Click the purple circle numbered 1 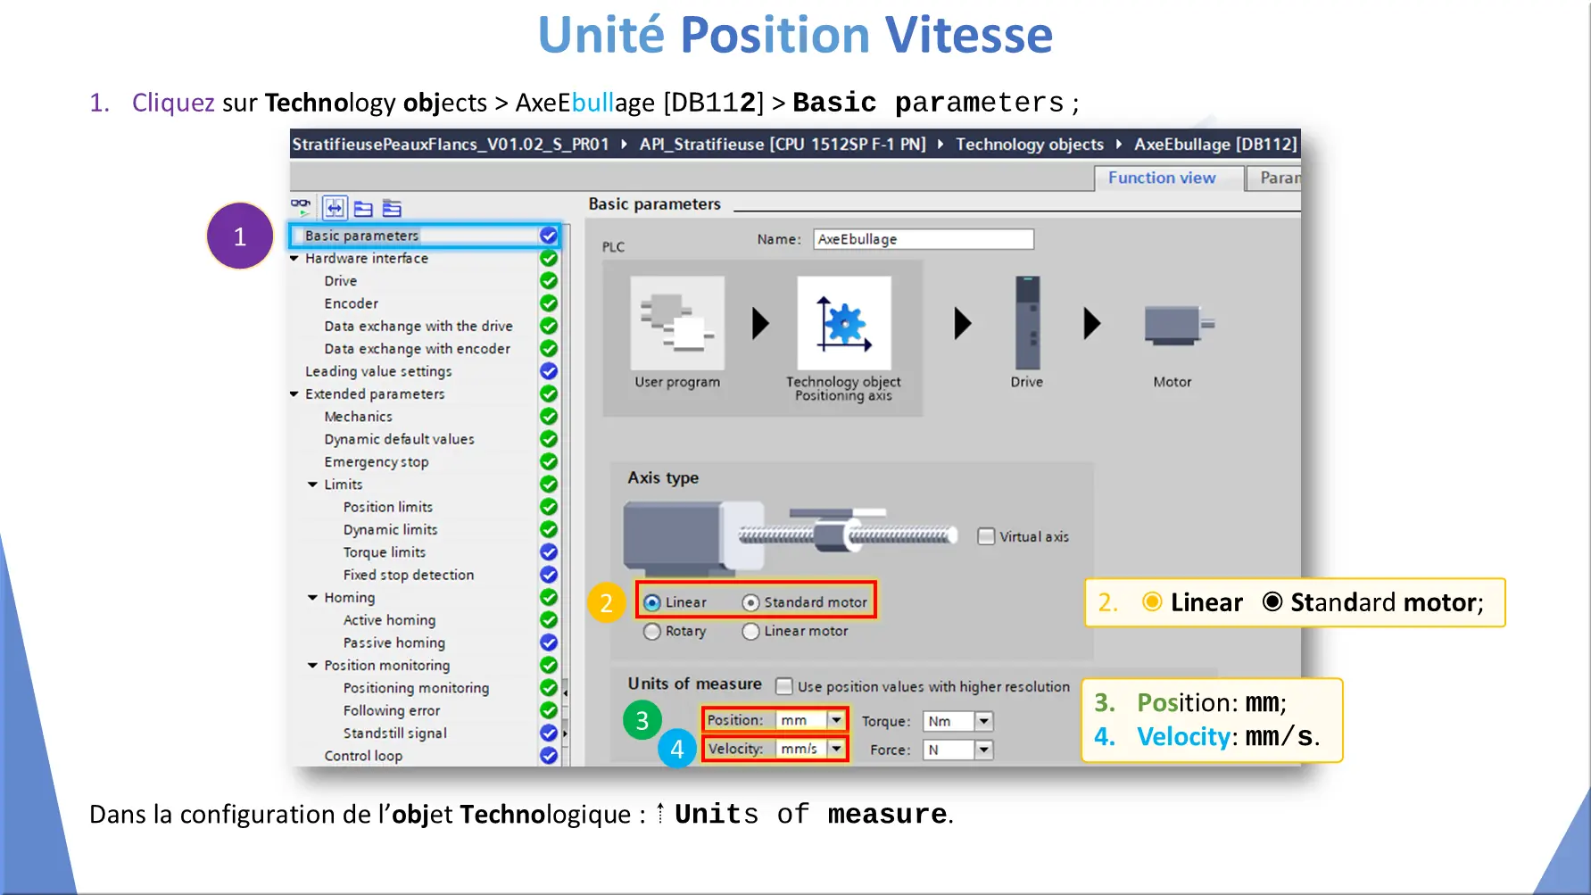[240, 236]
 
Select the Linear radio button [652, 602]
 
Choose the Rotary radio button [652, 631]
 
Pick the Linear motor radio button [750, 631]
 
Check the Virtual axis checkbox [986, 536]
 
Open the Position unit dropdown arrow [836, 720]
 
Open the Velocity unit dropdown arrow [836, 749]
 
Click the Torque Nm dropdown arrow [983, 721]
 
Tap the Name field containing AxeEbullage [924, 239]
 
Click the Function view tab [1162, 178]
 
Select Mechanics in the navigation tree [358, 417]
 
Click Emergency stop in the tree [377, 462]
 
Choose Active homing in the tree [389, 620]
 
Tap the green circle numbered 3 [642, 720]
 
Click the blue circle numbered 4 [677, 749]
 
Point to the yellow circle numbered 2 [606, 602]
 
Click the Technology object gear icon [844, 323]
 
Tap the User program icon [677, 323]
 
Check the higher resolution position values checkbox [784, 686]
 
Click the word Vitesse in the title [969, 36]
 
